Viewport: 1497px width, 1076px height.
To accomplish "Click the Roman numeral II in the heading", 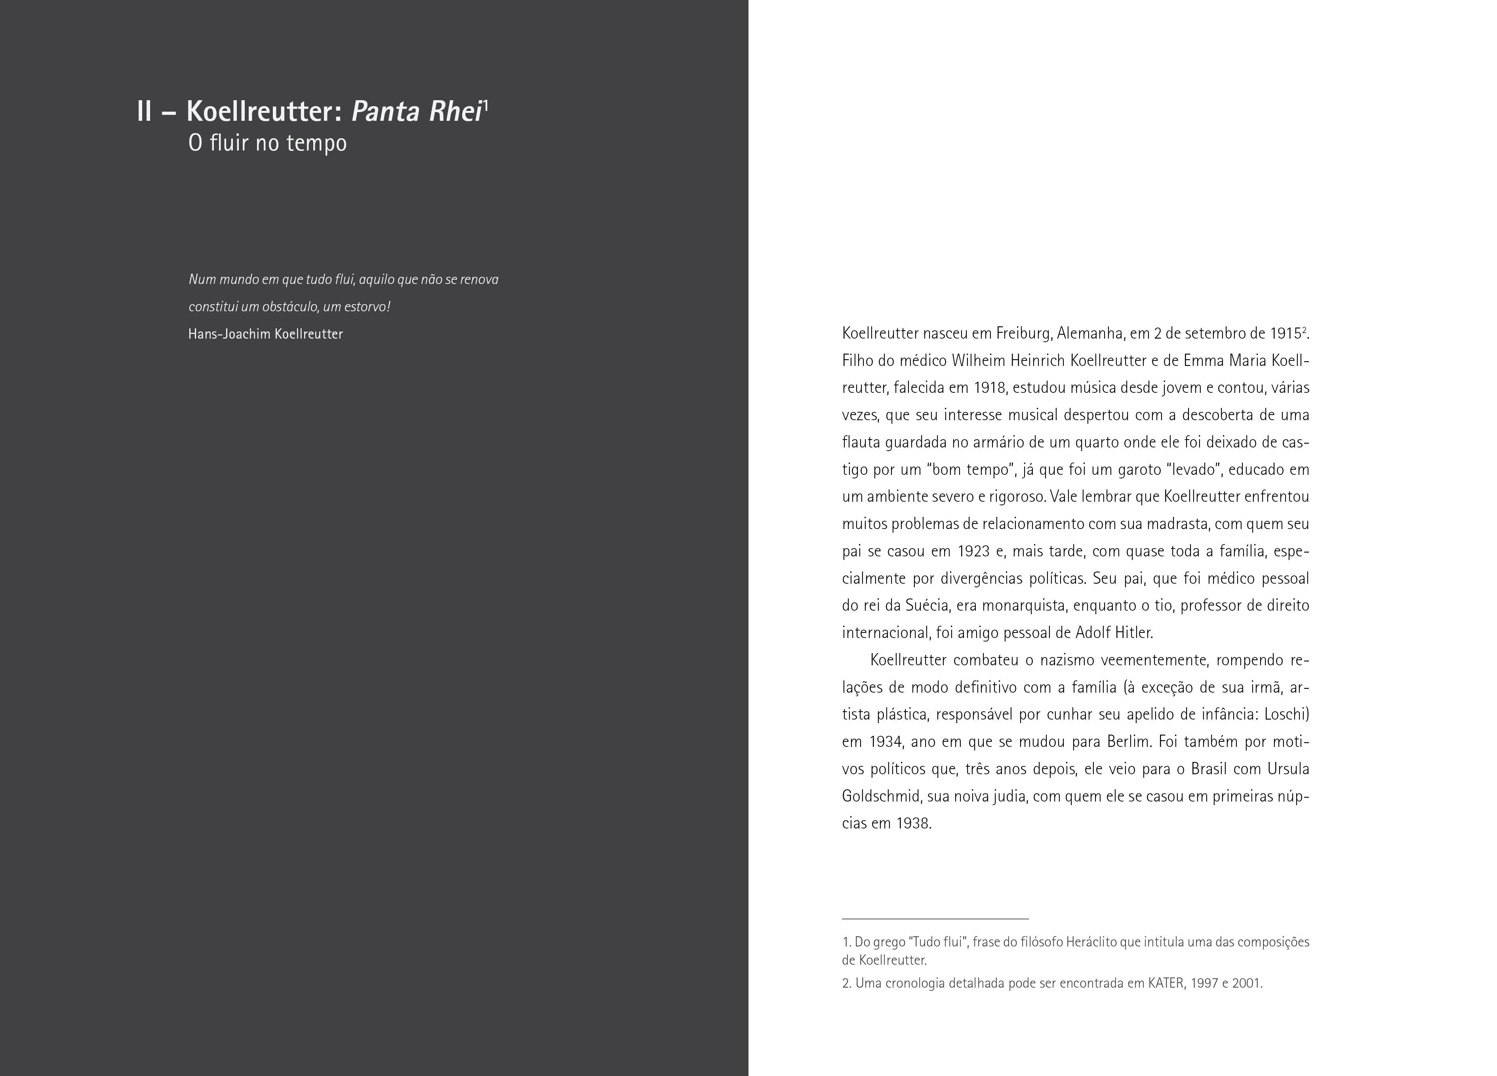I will click(x=145, y=112).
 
